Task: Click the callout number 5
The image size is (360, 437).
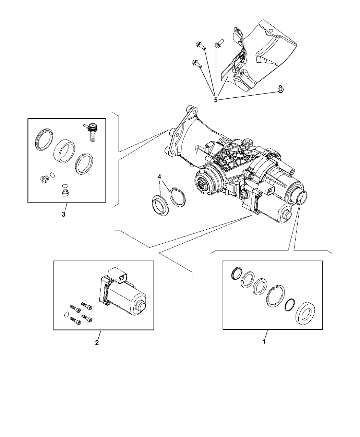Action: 216,100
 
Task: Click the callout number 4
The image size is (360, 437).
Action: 159,177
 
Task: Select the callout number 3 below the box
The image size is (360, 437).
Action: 63,215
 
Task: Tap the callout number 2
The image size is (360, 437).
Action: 97,342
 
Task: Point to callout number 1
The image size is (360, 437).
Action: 264,341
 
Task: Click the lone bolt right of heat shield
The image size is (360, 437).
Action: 280,89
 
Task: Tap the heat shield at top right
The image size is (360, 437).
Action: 264,58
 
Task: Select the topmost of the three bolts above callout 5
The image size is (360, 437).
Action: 200,45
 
